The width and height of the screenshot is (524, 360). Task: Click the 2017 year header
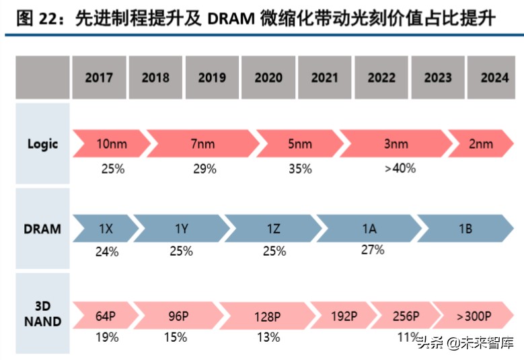[x=99, y=77]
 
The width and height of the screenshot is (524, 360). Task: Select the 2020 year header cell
[x=268, y=77]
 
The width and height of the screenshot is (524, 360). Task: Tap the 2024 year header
[x=494, y=77]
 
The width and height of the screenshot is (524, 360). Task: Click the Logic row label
[x=43, y=143]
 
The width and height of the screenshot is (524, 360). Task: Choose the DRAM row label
[x=43, y=229]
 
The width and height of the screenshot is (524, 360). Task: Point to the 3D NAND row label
[x=43, y=314]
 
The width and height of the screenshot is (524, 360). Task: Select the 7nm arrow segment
[x=202, y=144]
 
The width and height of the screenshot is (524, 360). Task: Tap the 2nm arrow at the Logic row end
[x=480, y=144]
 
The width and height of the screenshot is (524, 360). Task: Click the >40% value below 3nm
[x=400, y=168]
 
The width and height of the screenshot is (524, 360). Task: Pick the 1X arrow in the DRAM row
[x=105, y=229]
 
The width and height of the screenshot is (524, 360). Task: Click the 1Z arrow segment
[x=272, y=229]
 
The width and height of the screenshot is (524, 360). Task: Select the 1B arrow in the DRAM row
[x=465, y=229]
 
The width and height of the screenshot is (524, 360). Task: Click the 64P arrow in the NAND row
[x=106, y=316]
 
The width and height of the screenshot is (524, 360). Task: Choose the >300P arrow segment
[x=474, y=316]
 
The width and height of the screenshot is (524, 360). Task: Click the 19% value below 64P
[x=106, y=337]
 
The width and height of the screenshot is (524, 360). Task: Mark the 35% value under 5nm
[x=300, y=169]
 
